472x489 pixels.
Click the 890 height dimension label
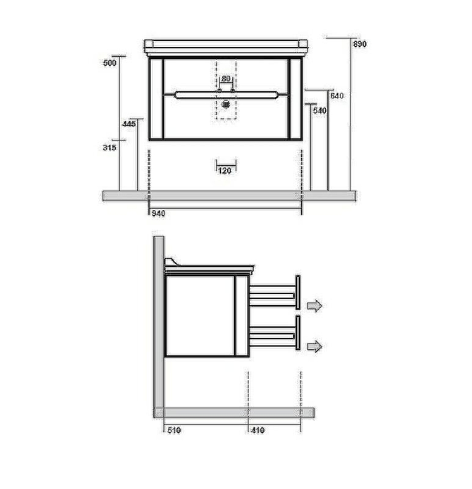pyautogui.click(x=360, y=45)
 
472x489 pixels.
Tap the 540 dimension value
pyautogui.click(x=320, y=111)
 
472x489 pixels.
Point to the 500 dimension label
pyautogui.click(x=110, y=63)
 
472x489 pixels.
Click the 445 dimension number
pyautogui.click(x=128, y=124)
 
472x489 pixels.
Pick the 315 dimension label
pyautogui.click(x=110, y=147)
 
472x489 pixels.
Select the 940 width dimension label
pyautogui.click(x=158, y=213)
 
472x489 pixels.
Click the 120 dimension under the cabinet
pyautogui.click(x=225, y=171)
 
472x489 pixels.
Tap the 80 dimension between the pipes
pyautogui.click(x=226, y=79)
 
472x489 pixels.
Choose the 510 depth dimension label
pyautogui.click(x=174, y=430)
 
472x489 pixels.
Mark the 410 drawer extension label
pyautogui.click(x=258, y=430)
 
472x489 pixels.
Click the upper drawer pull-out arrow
pyautogui.click(x=314, y=306)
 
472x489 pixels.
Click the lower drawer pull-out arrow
pyautogui.click(x=314, y=347)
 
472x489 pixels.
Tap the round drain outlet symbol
pyautogui.click(x=227, y=105)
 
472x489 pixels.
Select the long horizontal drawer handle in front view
pyautogui.click(x=227, y=95)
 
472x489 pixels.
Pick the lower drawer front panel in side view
pyautogui.click(x=298, y=334)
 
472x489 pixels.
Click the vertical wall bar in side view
pyautogui.click(x=158, y=318)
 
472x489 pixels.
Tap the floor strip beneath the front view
pyautogui.click(x=229, y=196)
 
